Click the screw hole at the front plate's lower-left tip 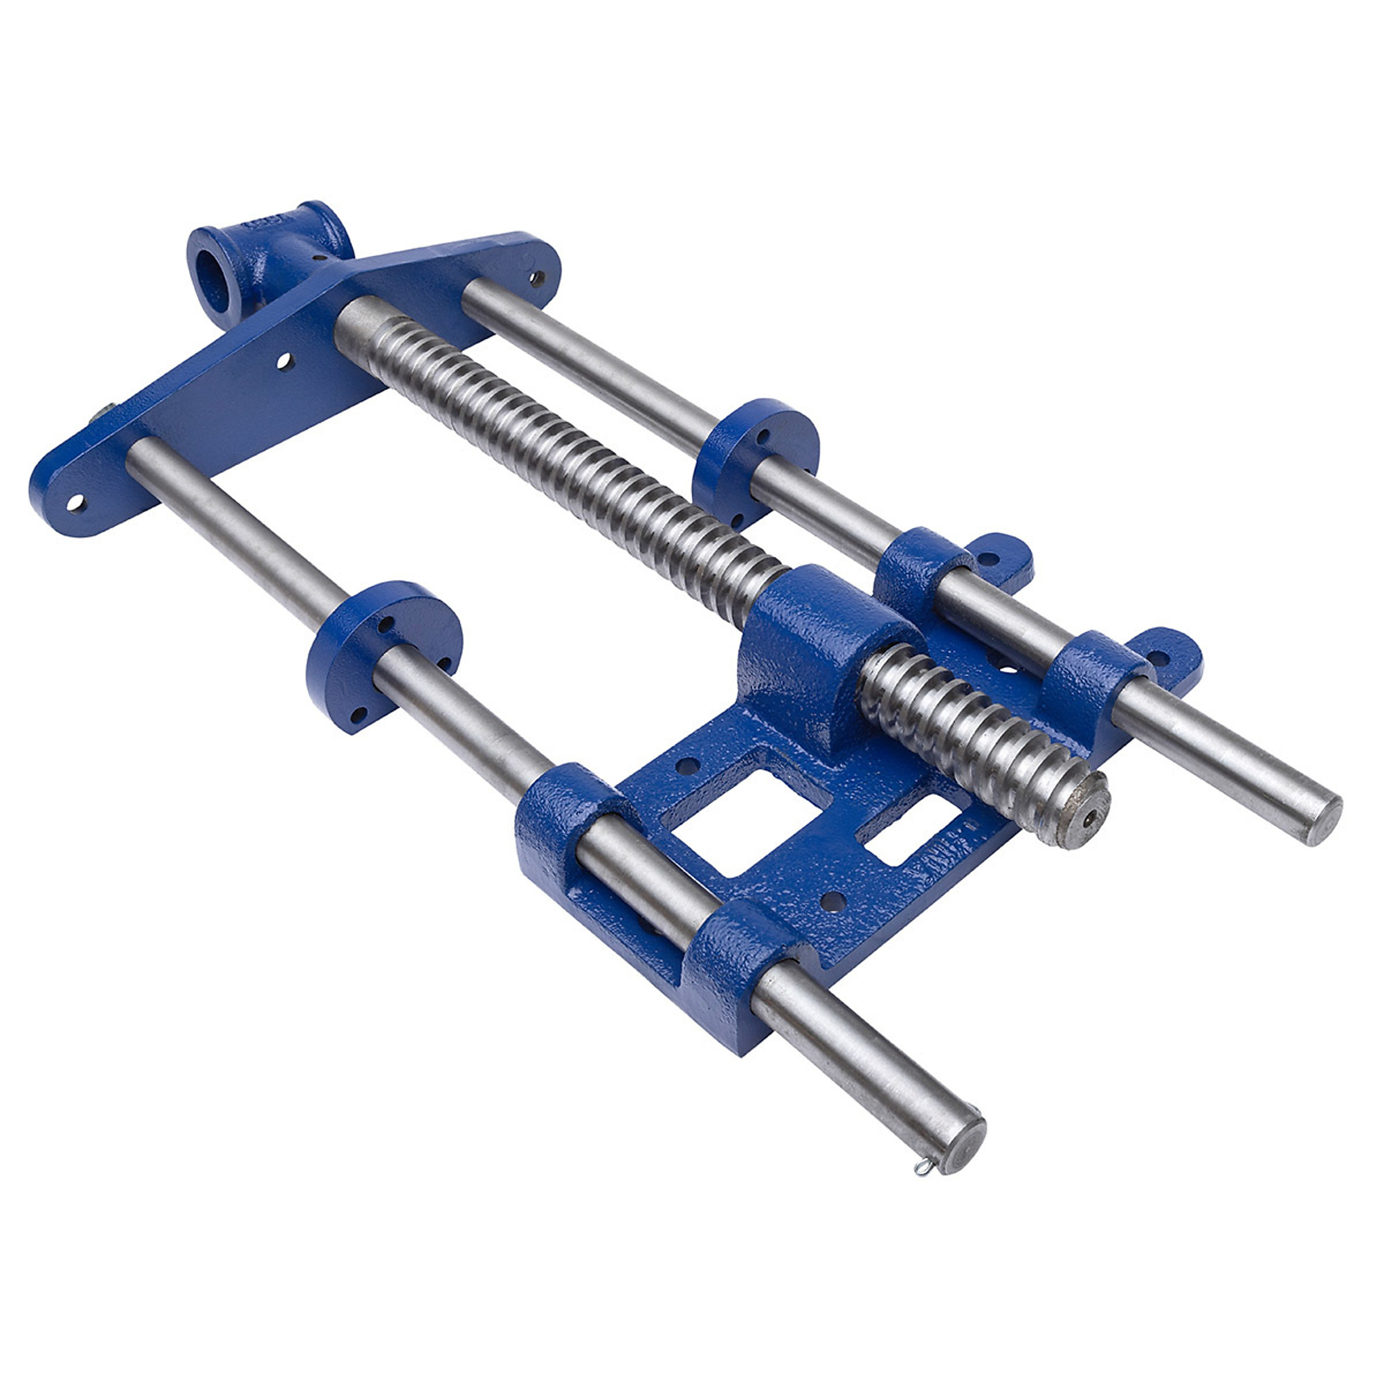pyautogui.click(x=75, y=504)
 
